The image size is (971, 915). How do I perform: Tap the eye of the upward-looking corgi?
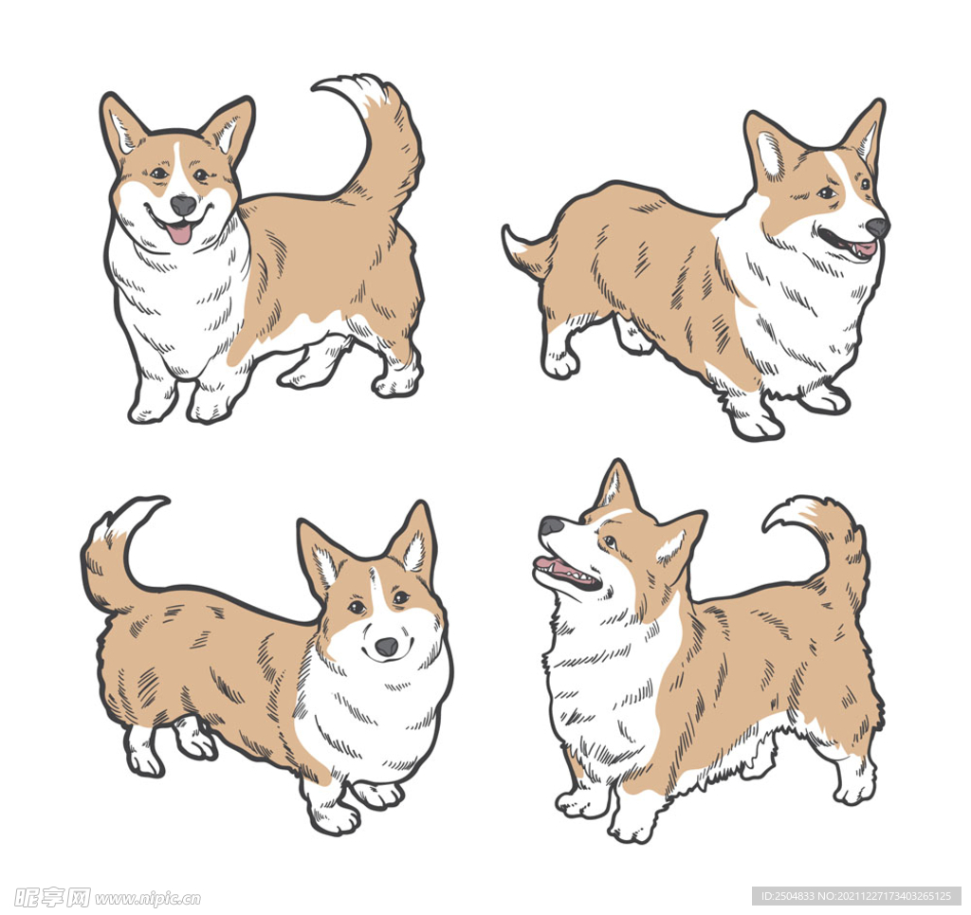pyautogui.click(x=610, y=541)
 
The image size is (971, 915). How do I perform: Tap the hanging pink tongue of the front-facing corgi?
pyautogui.click(x=179, y=233)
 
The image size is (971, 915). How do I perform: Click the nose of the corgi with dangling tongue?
pyautogui.click(x=183, y=205)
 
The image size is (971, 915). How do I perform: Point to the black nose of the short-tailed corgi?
pyautogui.click(x=877, y=228)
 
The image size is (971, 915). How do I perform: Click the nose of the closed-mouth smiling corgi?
pyautogui.click(x=387, y=647)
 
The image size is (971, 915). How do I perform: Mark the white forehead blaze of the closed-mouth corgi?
pyautogui.click(x=375, y=588)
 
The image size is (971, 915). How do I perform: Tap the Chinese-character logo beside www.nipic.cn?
pyautogui.click(x=52, y=897)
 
